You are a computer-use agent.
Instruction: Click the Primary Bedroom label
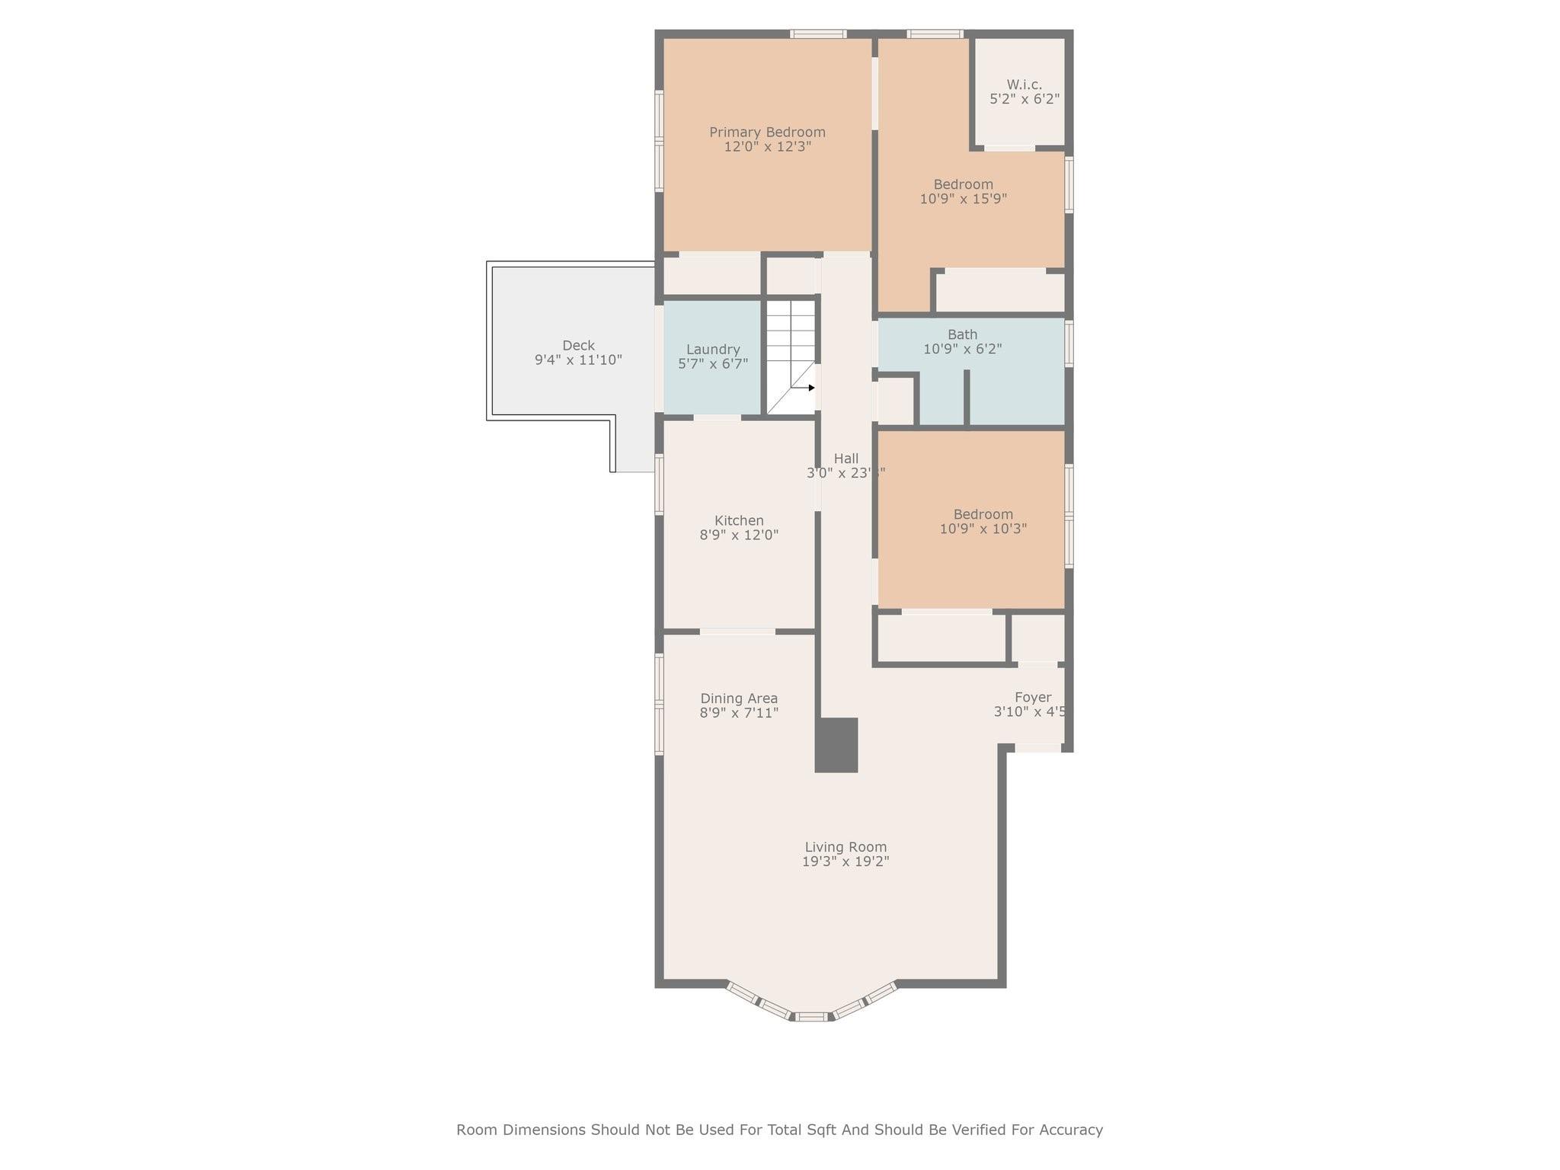coord(767,133)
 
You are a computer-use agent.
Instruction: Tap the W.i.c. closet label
coord(1024,85)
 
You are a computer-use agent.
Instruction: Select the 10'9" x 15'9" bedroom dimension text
coord(963,199)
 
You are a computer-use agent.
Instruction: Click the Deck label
coord(578,345)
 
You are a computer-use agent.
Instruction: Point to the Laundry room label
coord(713,350)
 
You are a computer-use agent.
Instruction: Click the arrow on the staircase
coord(811,388)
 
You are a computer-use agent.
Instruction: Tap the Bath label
coord(962,334)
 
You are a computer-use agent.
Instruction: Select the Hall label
coord(846,459)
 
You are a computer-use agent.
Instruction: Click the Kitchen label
coord(739,521)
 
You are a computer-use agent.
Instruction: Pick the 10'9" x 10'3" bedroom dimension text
coord(983,529)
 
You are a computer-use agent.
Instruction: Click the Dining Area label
coord(739,698)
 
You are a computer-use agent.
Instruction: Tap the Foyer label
coord(1032,697)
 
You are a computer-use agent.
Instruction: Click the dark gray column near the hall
coord(836,745)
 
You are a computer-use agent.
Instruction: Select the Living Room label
coord(846,847)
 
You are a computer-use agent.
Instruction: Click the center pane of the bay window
coord(811,1016)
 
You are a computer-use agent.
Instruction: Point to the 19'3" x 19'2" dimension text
coord(846,862)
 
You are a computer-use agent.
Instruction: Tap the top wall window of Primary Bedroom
coord(817,34)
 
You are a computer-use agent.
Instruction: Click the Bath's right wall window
coord(1069,344)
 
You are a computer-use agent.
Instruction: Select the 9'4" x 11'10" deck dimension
coord(578,360)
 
